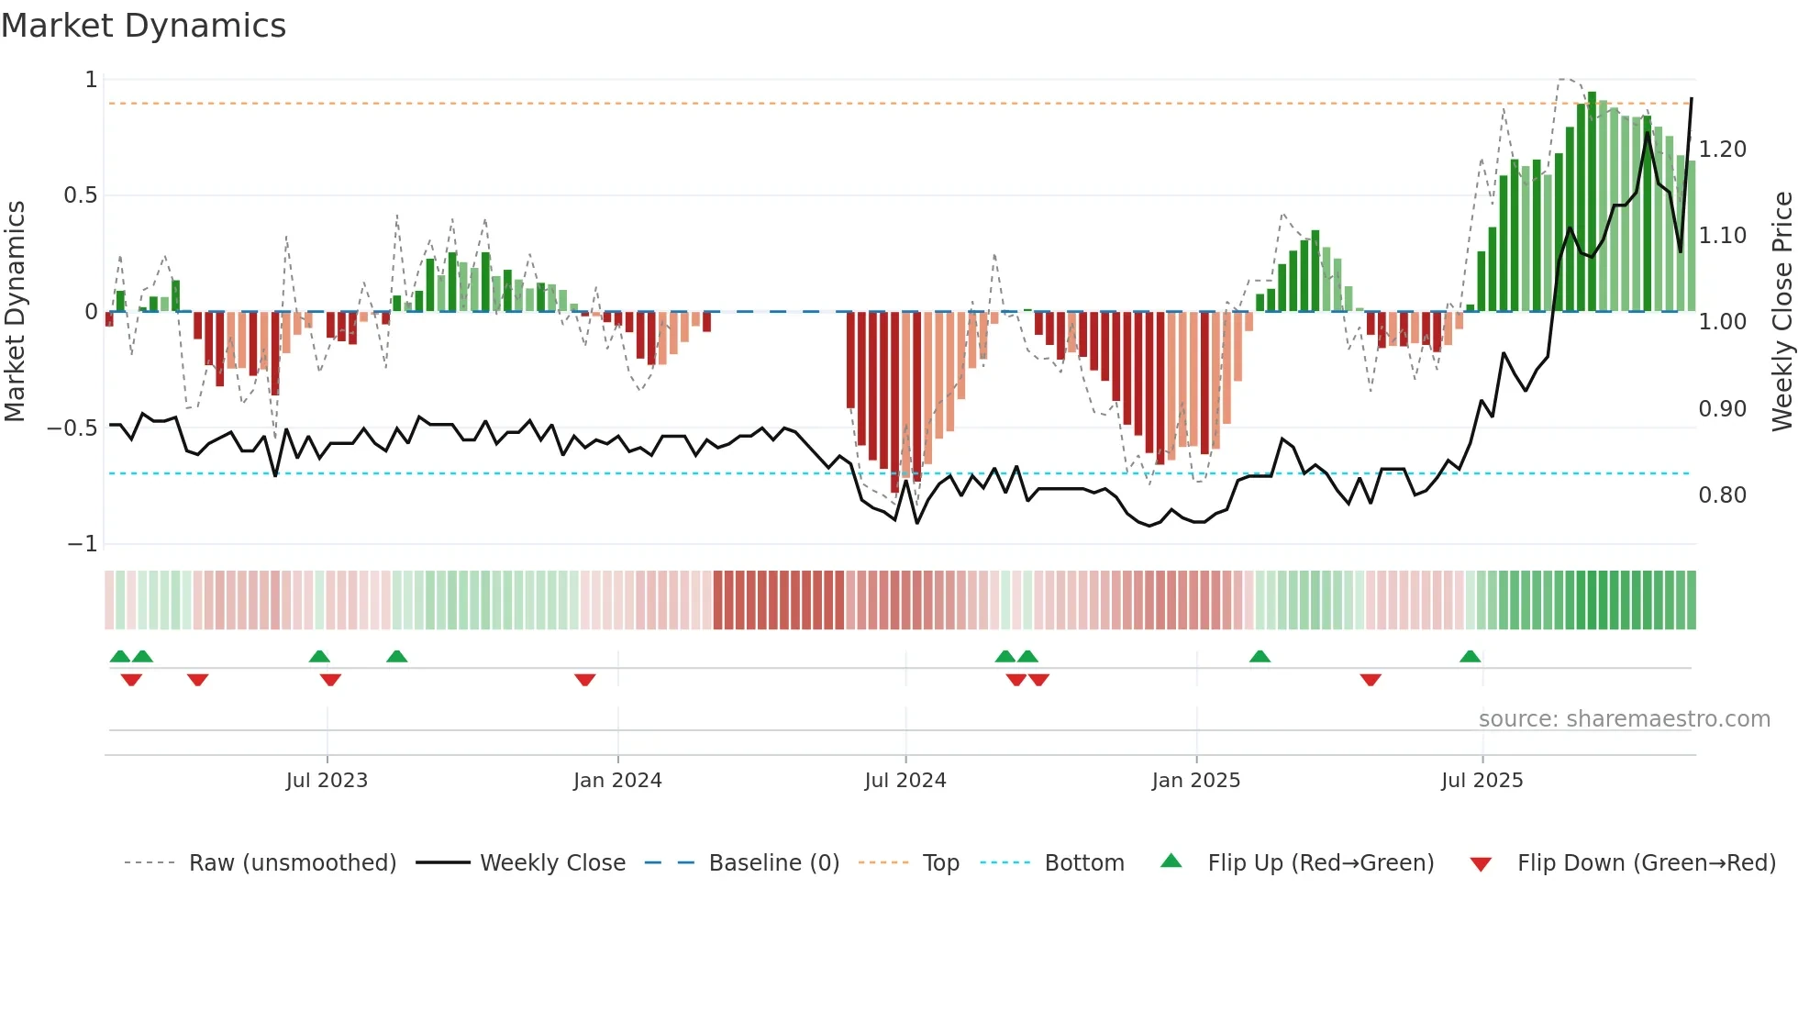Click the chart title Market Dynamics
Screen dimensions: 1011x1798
144,26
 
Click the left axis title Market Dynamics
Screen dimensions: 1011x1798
15,311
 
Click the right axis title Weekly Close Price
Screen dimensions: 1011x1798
1781,311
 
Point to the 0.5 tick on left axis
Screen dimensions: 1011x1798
80,195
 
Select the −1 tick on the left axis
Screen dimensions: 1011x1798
83,544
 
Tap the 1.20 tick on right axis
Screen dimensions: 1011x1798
1722,149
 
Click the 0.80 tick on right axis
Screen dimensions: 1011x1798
1722,495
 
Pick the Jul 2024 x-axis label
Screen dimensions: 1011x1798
905,781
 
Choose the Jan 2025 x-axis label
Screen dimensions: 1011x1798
1195,781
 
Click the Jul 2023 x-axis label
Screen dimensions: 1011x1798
327,781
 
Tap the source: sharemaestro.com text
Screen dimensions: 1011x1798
1624,719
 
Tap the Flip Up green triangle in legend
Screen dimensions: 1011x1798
1171,861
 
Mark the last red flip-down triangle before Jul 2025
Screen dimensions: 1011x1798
1371,680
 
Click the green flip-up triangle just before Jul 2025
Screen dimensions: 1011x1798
1470,656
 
